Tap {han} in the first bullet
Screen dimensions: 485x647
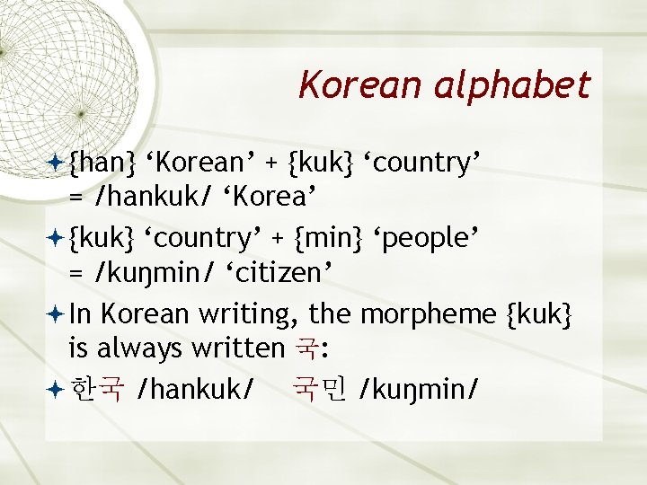pyautogui.click(x=102, y=163)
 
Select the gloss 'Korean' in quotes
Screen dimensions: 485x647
pyautogui.click(x=201, y=163)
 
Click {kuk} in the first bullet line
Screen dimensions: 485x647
pyautogui.click(x=321, y=163)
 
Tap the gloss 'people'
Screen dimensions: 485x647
pyautogui.click(x=427, y=239)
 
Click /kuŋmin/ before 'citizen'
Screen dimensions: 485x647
pyautogui.click(x=157, y=271)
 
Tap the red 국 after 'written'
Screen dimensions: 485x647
pyautogui.click(x=306, y=347)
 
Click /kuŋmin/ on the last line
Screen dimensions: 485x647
pyautogui.click(x=418, y=390)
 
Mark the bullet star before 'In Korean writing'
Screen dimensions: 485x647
pyautogui.click(x=56, y=314)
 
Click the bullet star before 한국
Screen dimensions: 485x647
pyautogui.click(x=56, y=390)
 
